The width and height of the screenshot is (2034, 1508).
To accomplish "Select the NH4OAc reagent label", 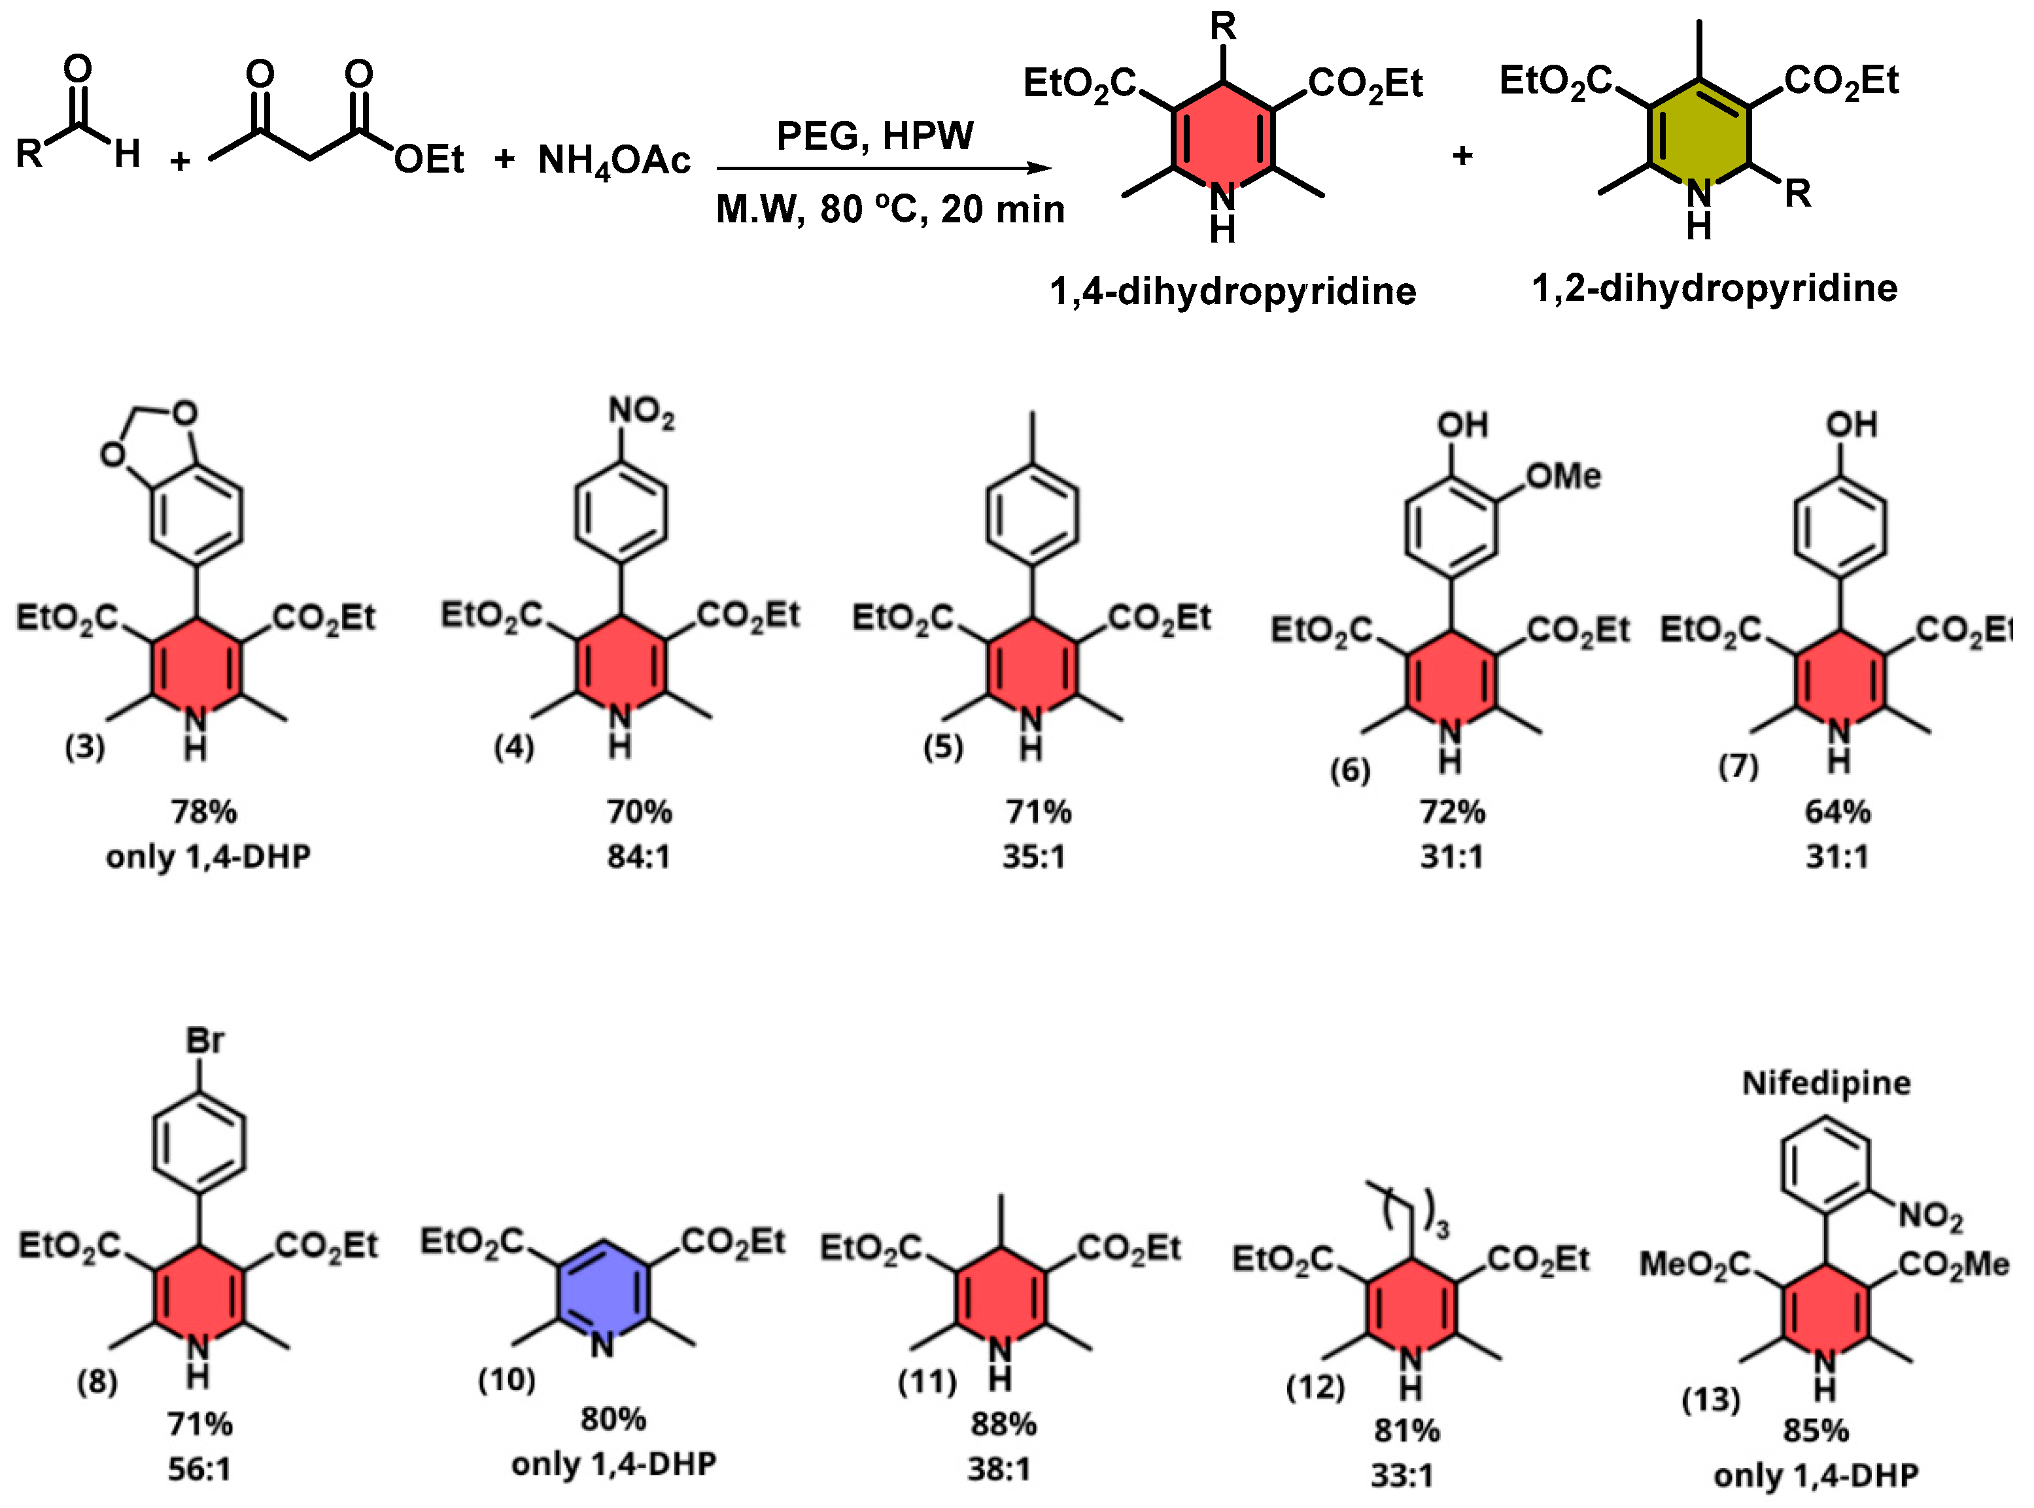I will click(x=613, y=161).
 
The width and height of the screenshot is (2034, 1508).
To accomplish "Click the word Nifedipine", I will click(x=1826, y=1083).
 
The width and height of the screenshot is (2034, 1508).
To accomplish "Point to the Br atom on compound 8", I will click(x=205, y=1040).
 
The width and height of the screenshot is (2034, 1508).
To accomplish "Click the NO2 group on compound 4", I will click(x=641, y=413).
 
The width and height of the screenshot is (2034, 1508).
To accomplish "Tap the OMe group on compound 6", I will click(x=1563, y=475).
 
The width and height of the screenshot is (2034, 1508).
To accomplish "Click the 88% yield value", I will click(x=1003, y=1424).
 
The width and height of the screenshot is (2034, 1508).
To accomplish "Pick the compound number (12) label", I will click(x=1315, y=1388).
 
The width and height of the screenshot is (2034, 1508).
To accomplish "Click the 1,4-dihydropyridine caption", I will click(x=1232, y=291).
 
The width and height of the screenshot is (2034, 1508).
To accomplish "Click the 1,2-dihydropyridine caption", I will click(x=1714, y=288).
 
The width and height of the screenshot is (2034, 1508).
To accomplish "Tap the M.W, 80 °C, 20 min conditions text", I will click(x=890, y=210).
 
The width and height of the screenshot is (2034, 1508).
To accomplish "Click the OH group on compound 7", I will click(x=1852, y=424).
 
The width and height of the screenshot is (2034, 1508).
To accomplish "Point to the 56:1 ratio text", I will click(x=199, y=1469).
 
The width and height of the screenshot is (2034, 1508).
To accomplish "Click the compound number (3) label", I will click(x=85, y=747).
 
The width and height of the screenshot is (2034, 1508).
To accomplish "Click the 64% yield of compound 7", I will click(x=1836, y=812).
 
